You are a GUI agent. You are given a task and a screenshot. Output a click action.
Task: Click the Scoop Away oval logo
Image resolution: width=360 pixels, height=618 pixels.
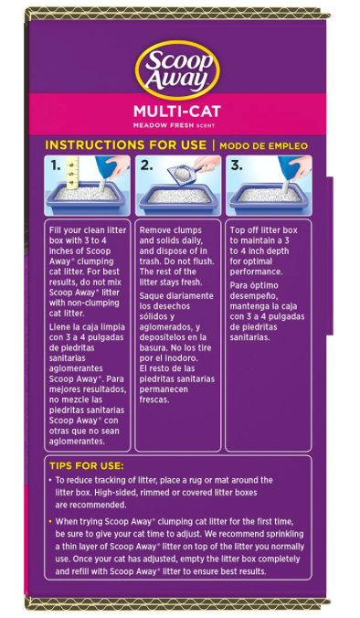pyautogui.click(x=177, y=69)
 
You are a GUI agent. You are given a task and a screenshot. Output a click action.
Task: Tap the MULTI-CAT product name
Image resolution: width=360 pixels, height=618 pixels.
pyautogui.click(x=177, y=112)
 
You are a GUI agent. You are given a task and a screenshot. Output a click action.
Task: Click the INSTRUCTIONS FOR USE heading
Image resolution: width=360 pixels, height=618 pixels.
pyautogui.click(x=126, y=145)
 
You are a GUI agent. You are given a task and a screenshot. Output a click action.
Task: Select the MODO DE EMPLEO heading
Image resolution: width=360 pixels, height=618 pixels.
pyautogui.click(x=263, y=146)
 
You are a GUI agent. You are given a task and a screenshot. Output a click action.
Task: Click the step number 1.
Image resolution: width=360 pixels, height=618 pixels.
pyautogui.click(x=56, y=166)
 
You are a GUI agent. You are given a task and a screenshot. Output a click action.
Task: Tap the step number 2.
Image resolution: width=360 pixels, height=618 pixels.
pyautogui.click(x=146, y=166)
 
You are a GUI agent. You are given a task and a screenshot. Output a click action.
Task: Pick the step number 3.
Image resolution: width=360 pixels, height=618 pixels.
pyautogui.click(x=237, y=166)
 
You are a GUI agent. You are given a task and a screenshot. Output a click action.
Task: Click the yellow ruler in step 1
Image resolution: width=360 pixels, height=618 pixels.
pyautogui.click(x=72, y=173)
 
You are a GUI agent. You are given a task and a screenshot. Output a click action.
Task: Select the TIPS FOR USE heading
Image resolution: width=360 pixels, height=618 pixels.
pyautogui.click(x=87, y=466)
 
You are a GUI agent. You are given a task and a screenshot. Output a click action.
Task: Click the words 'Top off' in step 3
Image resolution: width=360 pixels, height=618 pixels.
pyautogui.click(x=244, y=230)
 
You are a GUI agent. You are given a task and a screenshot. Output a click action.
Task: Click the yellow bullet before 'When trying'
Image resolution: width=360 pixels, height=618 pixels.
pyautogui.click(x=50, y=521)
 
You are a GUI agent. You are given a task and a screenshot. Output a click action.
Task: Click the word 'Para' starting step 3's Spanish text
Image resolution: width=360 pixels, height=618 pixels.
pyautogui.click(x=238, y=286)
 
